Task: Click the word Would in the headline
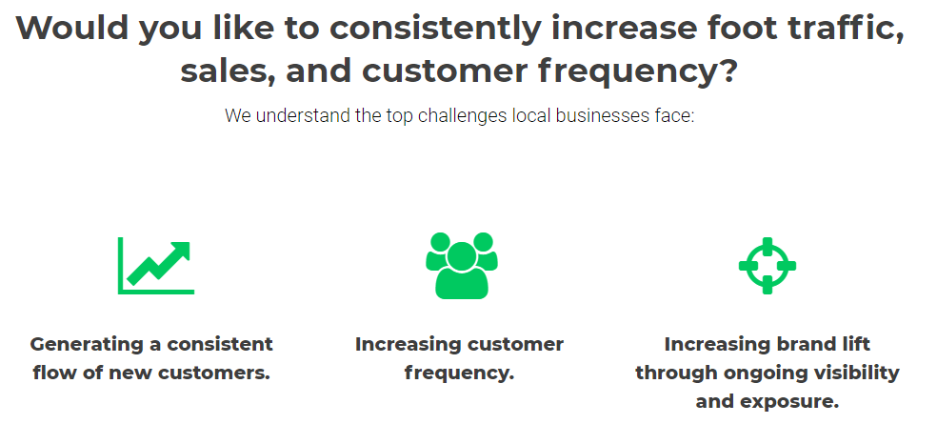click(x=71, y=28)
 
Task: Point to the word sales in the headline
click(x=228, y=71)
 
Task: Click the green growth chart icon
click(x=156, y=266)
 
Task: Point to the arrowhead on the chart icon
click(x=181, y=251)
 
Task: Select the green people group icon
click(x=462, y=266)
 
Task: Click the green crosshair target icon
click(x=768, y=266)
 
